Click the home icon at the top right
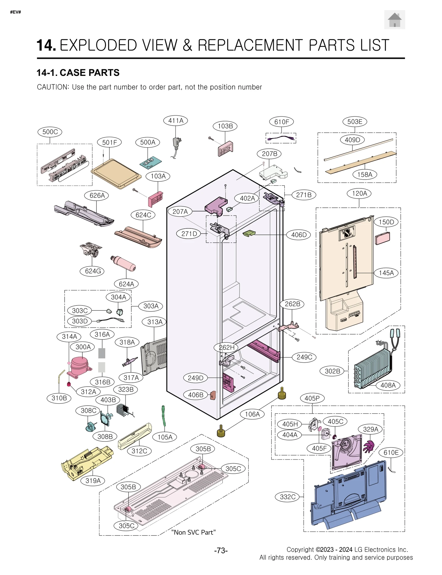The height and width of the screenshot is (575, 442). click(394, 20)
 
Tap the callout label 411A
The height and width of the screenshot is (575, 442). click(176, 121)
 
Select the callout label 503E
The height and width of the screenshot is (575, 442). click(354, 122)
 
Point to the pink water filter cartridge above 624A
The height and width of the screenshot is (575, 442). click(124, 263)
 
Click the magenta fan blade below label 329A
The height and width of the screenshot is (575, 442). click(368, 446)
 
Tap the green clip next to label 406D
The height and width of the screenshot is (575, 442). click(249, 233)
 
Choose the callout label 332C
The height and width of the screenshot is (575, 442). click(287, 497)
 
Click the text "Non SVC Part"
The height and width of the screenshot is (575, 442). click(193, 532)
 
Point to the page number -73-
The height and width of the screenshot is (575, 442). click(221, 550)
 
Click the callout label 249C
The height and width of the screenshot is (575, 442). click(304, 357)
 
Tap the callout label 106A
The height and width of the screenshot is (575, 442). click(252, 414)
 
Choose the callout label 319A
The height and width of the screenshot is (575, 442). click(93, 481)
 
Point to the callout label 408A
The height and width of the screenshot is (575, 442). click(388, 385)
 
